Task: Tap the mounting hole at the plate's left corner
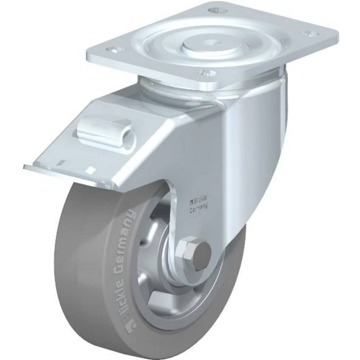(114, 50)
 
